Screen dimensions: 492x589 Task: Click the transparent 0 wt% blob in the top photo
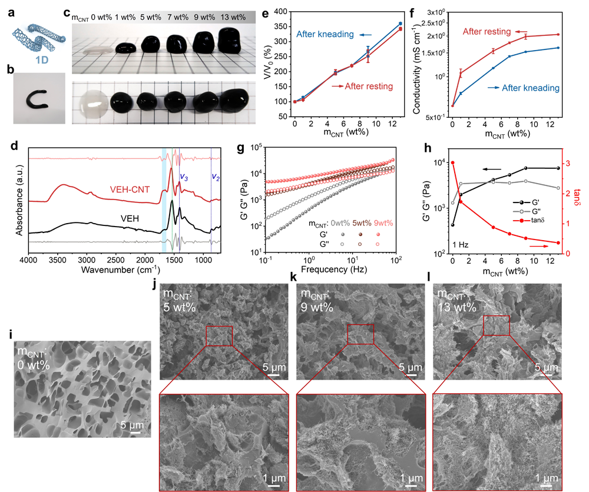click(x=86, y=51)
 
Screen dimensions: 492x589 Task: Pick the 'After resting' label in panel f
click(x=487, y=31)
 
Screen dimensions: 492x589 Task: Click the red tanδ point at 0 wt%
click(x=452, y=162)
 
